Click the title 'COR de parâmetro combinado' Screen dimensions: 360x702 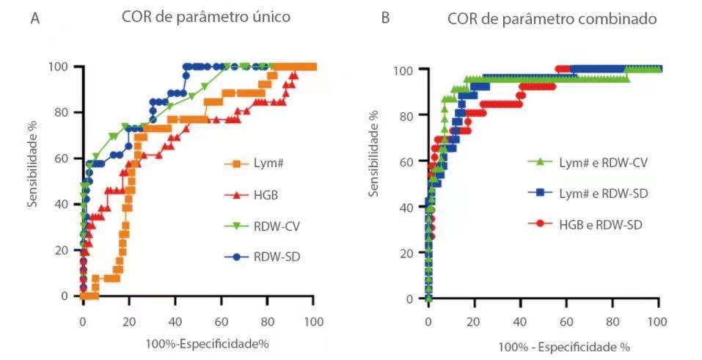552,19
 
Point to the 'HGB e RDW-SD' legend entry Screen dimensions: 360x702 588,224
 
